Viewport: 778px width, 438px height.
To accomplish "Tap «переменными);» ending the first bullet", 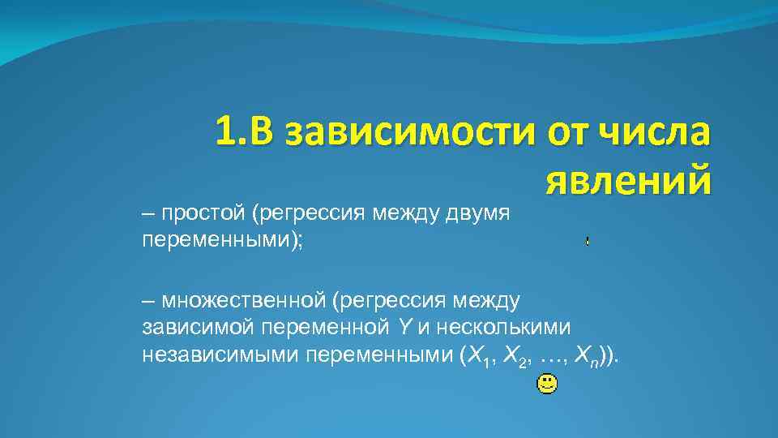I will point(221,242).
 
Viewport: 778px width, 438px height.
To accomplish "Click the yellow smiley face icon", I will point(547,384).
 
